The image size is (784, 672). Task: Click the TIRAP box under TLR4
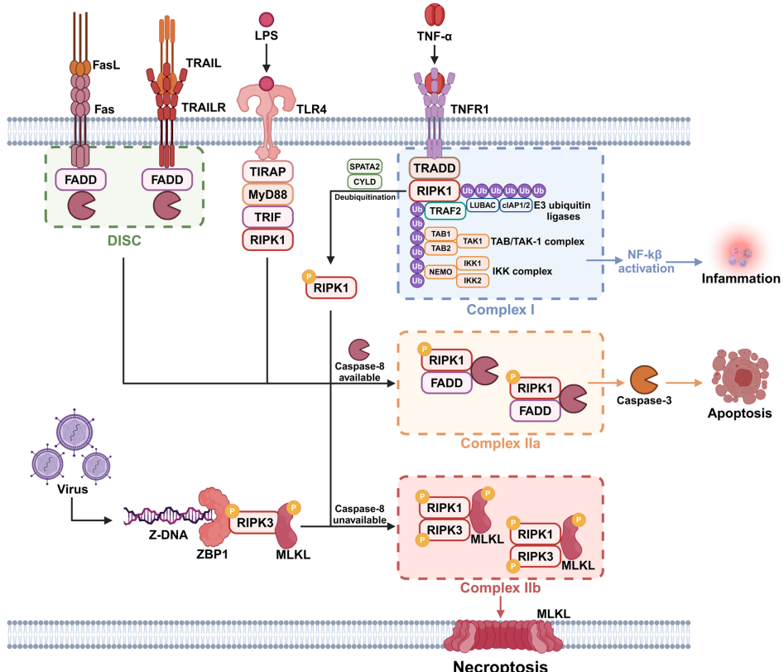[267, 172]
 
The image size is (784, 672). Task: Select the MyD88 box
[267, 194]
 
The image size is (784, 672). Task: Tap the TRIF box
[267, 217]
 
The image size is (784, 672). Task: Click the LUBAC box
[483, 204]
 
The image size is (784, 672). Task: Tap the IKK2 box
[473, 280]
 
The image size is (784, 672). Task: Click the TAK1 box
[473, 240]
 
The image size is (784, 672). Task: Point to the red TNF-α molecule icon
[434, 13]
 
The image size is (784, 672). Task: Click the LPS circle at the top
[267, 18]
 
